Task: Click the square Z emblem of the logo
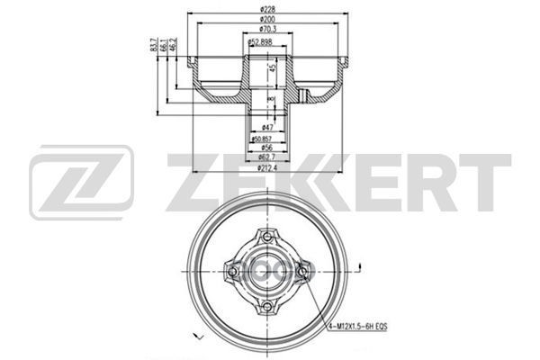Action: tap(81, 184)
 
